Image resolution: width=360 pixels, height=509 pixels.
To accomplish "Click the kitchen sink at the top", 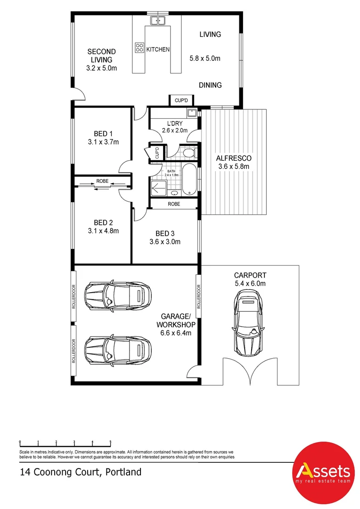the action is [x=158, y=20].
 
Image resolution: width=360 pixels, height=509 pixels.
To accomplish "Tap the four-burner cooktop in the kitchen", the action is [x=139, y=48].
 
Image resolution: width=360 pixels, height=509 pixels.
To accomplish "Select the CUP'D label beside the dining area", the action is [x=181, y=100].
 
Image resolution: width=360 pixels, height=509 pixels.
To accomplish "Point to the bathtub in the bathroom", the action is [x=189, y=180].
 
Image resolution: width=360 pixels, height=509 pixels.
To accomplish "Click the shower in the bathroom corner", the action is [x=159, y=188].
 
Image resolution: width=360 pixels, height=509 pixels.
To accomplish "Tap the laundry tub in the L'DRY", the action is [x=191, y=113].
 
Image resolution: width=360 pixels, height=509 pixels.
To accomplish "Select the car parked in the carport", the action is [x=248, y=322].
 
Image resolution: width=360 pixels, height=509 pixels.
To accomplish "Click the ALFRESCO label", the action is [x=234, y=158].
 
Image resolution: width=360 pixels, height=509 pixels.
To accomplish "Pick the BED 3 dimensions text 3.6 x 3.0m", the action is [x=165, y=241].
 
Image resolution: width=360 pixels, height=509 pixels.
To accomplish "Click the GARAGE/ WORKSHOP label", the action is [x=176, y=320].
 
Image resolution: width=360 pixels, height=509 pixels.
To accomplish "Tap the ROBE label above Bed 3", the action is [x=174, y=204].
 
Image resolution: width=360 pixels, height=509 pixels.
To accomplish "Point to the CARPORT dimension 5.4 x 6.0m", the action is [x=250, y=283].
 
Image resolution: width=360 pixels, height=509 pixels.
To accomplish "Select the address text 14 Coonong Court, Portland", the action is [x=81, y=472].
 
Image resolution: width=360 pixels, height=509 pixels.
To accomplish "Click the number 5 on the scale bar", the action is [x=111, y=442].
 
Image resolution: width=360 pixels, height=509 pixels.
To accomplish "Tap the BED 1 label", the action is [x=103, y=133].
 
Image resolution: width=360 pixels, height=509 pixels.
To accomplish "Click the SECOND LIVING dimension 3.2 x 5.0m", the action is [x=102, y=68].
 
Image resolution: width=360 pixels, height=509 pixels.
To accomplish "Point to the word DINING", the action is [x=210, y=85].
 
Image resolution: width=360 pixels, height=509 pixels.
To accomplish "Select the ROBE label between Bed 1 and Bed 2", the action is [x=102, y=181].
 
